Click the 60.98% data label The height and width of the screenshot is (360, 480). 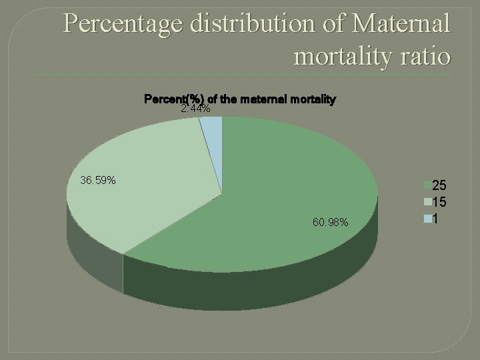click(x=329, y=222)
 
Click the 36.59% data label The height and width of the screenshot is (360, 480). click(x=97, y=180)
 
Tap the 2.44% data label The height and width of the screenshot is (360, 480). click(x=196, y=109)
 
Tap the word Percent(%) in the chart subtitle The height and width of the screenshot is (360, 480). click(x=166, y=100)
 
